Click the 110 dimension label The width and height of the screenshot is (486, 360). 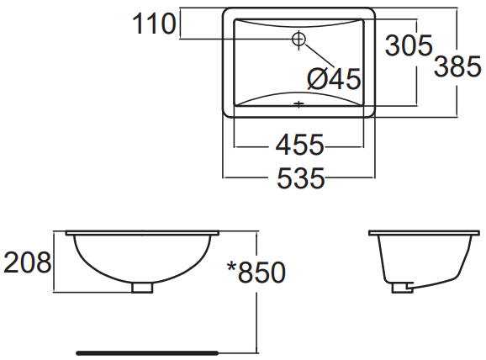coord(153,24)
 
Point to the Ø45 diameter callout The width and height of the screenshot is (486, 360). coord(334,80)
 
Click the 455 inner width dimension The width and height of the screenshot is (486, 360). coord(299,146)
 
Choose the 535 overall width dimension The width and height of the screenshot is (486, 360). coord(299,178)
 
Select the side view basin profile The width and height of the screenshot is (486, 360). coord(417,257)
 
